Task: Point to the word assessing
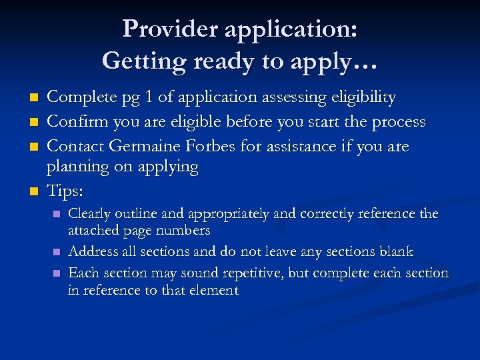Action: pos(254,98)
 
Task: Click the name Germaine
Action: pos(145,146)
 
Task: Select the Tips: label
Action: pos(65,191)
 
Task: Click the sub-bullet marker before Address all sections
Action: pos(57,252)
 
